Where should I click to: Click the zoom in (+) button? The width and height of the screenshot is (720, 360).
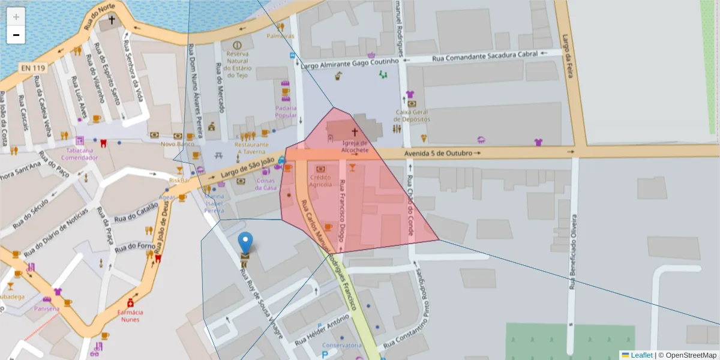[16, 16]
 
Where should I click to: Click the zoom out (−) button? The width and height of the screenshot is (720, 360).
[16, 35]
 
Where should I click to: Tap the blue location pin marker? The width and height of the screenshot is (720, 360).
[245, 243]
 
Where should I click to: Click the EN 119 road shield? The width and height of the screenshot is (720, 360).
[34, 68]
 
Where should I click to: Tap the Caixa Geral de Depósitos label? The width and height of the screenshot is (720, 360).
[413, 115]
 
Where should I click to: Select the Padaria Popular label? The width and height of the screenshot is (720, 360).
[286, 112]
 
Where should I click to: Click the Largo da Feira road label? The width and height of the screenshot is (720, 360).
[566, 48]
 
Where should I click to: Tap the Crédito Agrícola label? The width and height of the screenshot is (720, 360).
[320, 181]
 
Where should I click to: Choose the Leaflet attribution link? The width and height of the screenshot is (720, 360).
[641, 355]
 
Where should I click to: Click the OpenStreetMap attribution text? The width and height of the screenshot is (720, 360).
[687, 355]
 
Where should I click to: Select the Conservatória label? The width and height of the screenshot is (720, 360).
[341, 345]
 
